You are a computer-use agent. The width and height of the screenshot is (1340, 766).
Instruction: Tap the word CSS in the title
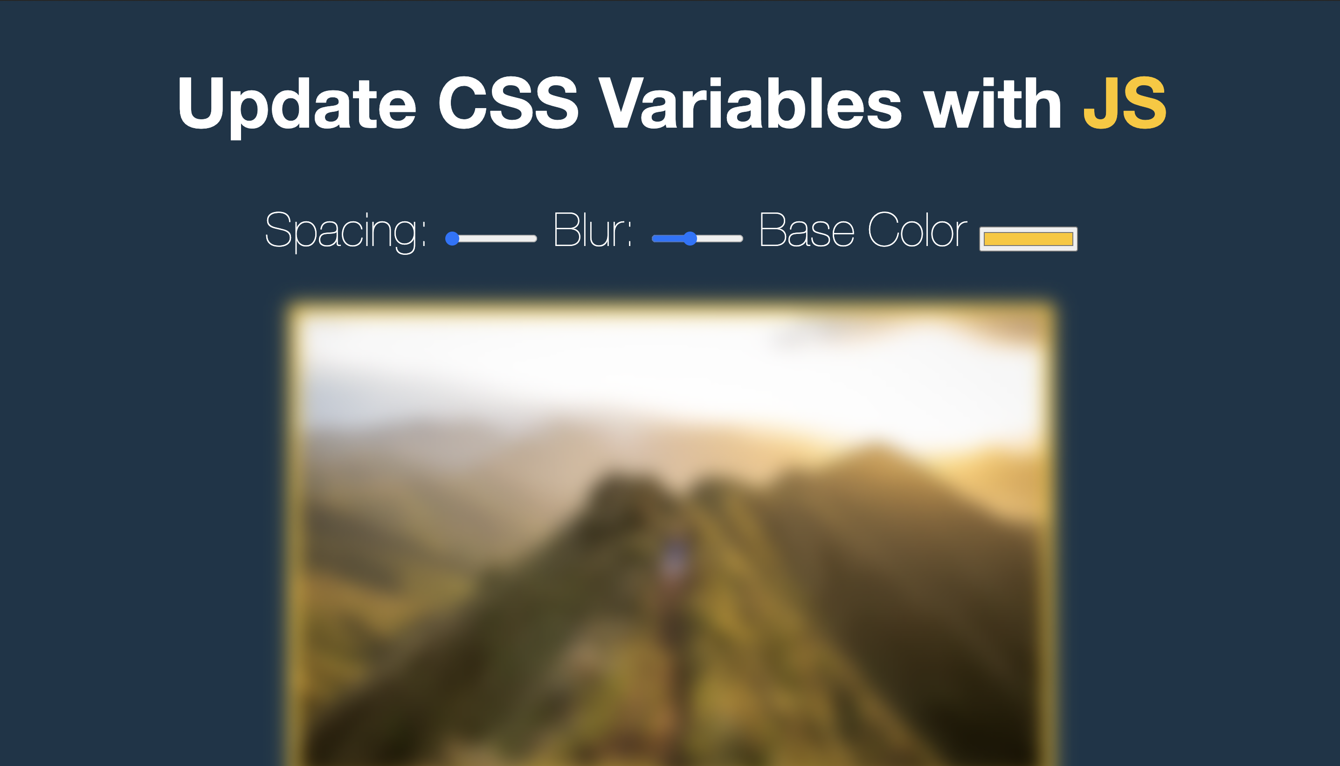pyautogui.click(x=508, y=102)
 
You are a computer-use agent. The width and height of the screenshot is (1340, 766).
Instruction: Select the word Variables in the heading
pyautogui.click(x=750, y=102)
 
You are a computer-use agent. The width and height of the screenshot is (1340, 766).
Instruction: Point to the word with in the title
pyautogui.click(x=993, y=102)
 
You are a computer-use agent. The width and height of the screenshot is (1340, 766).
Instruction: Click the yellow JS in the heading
pyautogui.click(x=1125, y=102)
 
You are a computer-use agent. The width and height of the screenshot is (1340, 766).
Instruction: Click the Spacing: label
pyautogui.click(x=346, y=232)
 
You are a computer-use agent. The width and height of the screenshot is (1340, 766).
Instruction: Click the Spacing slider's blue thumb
pyautogui.click(x=452, y=239)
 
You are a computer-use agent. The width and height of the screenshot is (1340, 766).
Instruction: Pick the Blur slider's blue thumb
pyautogui.click(x=690, y=239)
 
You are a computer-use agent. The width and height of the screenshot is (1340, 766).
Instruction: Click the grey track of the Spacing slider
pyautogui.click(x=498, y=239)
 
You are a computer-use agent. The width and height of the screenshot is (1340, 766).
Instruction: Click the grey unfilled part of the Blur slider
pyautogui.click(x=720, y=239)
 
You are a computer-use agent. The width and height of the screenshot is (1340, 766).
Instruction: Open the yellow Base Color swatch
pyautogui.click(x=1029, y=239)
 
